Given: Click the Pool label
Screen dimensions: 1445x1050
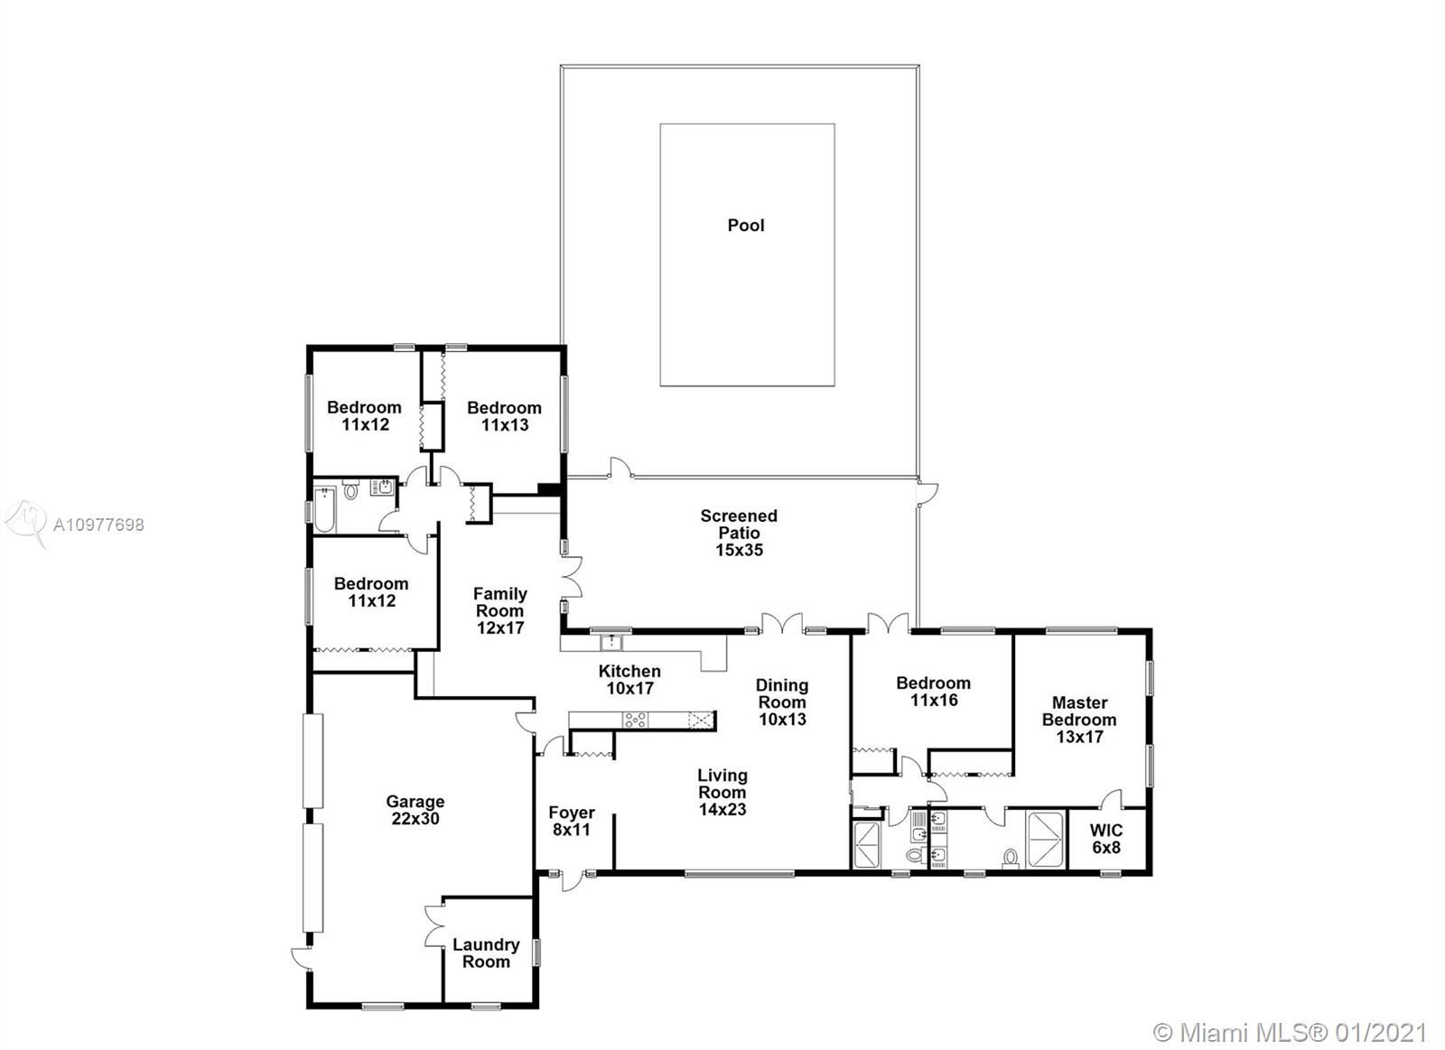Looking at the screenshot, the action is (x=746, y=225).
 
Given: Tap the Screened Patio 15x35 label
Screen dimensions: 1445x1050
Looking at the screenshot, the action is (x=739, y=533).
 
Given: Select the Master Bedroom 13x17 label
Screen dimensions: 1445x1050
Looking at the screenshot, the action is (x=1079, y=720).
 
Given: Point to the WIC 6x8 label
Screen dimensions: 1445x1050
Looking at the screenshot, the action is (x=1106, y=839).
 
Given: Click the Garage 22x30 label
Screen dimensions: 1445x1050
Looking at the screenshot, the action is (x=415, y=810).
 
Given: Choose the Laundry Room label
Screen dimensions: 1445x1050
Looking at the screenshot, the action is (x=486, y=953).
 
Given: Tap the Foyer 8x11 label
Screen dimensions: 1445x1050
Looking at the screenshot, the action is (x=572, y=821).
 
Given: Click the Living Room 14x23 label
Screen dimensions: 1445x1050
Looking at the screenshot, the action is (x=722, y=792).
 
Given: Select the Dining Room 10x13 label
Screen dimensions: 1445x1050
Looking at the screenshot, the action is (x=782, y=702).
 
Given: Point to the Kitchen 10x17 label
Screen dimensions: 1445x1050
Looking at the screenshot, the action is (x=629, y=679).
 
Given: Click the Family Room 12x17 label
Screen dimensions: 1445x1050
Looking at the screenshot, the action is (x=500, y=610).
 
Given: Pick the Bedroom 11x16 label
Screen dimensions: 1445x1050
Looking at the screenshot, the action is (x=934, y=692).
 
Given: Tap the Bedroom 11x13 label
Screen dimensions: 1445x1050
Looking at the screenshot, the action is (x=505, y=416).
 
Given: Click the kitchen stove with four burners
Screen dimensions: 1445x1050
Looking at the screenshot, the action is (x=636, y=720).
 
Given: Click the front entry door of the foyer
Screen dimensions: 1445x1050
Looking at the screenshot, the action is (x=573, y=880).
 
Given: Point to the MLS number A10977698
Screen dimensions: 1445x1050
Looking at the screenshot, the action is (x=98, y=525).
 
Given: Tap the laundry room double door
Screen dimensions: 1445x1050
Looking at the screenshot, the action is (x=435, y=927).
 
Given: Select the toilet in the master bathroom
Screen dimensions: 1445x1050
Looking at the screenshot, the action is (x=1011, y=857).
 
